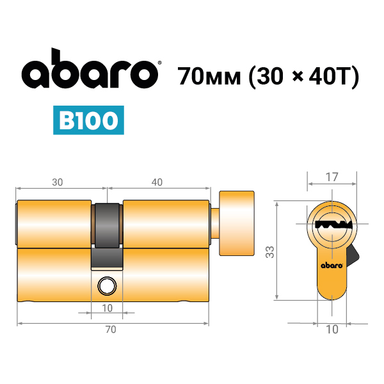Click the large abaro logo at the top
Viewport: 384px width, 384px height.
click(90, 69)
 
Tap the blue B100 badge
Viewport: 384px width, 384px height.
click(88, 120)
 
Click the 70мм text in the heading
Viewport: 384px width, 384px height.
click(209, 76)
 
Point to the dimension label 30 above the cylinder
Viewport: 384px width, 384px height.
click(58, 182)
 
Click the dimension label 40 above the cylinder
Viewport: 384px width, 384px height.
click(157, 182)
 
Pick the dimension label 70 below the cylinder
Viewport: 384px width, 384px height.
click(111, 330)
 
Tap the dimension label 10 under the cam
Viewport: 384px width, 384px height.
click(107, 308)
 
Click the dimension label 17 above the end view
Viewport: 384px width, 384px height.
click(332, 177)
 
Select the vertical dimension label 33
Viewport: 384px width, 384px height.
click(270, 252)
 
